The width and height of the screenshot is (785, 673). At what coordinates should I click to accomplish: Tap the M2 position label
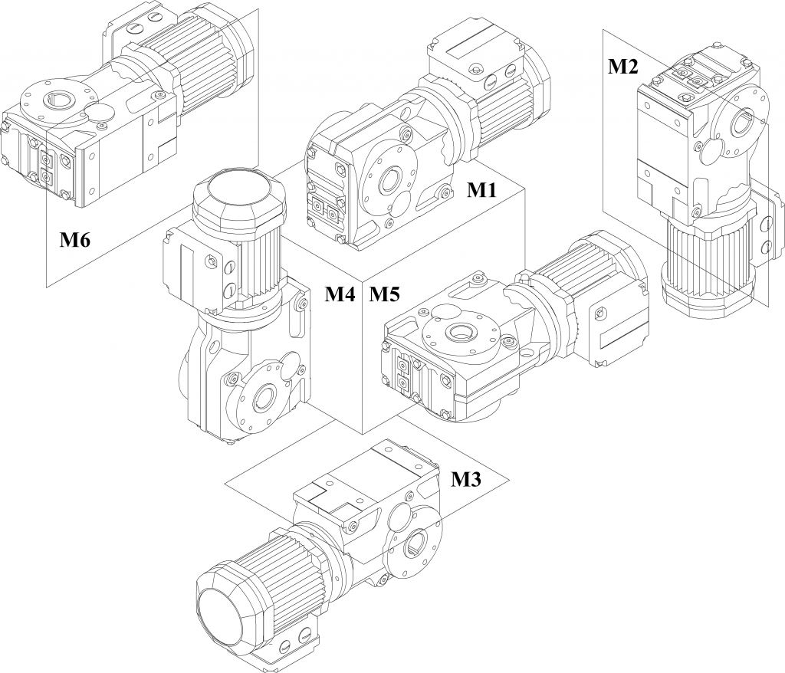622,67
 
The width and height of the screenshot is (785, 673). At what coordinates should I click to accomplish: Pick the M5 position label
385,293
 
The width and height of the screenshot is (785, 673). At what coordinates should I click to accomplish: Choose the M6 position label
76,241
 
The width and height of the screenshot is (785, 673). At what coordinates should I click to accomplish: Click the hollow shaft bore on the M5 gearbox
461,331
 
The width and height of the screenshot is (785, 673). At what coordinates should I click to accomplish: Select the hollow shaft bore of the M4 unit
264,396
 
